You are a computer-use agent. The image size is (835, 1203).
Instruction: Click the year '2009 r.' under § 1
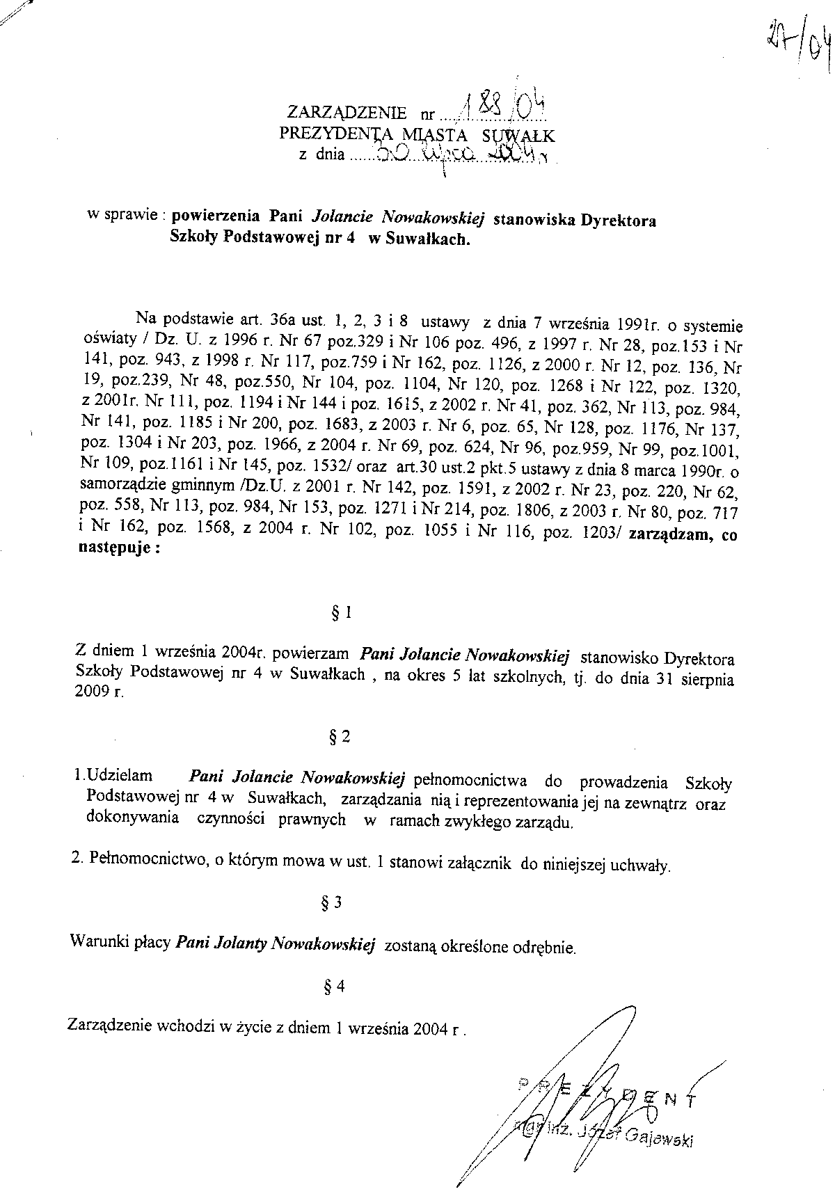[x=98, y=693]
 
